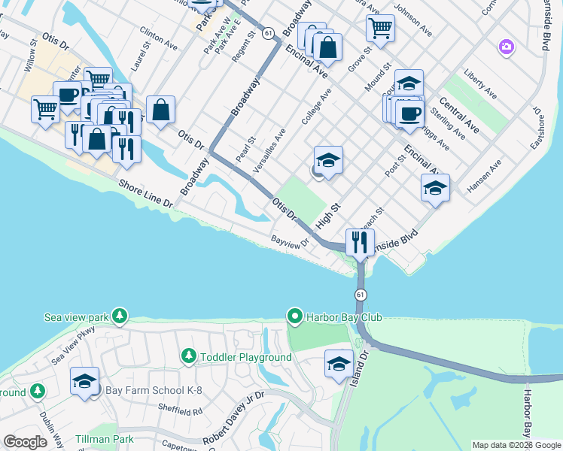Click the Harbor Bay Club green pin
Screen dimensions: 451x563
[295, 316]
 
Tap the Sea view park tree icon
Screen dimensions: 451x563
[120, 316]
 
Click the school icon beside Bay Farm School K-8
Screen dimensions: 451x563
[84, 381]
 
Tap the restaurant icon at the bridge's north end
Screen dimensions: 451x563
[360, 243]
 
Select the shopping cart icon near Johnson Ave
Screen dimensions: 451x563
[380, 29]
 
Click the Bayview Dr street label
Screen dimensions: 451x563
[291, 242]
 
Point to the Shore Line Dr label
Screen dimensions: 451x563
[148, 193]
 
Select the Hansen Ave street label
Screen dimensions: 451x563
[485, 177]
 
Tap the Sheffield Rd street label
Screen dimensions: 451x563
[181, 411]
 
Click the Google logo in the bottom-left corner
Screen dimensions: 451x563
[25, 442]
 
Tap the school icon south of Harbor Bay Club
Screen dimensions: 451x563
[339, 365]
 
